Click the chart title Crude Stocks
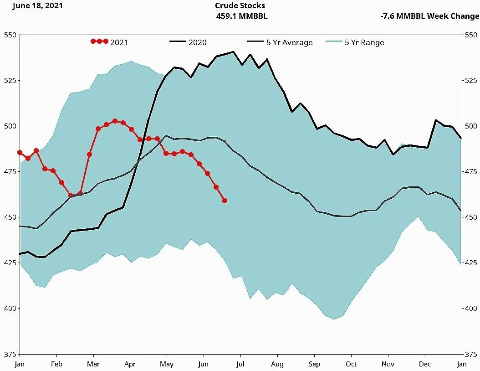pyautogui.click(x=240, y=5)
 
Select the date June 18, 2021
pyautogui.click(x=37, y=5)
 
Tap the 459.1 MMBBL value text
pyautogui.click(x=241, y=16)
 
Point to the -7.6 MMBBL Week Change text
pyautogui.click(x=429, y=16)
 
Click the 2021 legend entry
pyautogui.click(x=109, y=42)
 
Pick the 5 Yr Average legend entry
pyautogui.click(x=280, y=42)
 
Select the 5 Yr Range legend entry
pyautogui.click(x=355, y=42)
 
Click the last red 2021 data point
pyautogui.click(x=225, y=201)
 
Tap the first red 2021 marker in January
pyautogui.click(x=20, y=152)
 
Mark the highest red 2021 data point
pyautogui.click(x=115, y=121)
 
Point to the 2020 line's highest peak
pyautogui.click(x=234, y=52)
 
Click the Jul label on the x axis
pyautogui.click(x=240, y=364)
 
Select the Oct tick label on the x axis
pyautogui.click(x=351, y=364)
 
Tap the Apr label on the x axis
pyautogui.click(x=130, y=364)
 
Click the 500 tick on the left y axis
pyautogui.click(x=10, y=126)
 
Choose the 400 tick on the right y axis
pyautogui.click(x=471, y=309)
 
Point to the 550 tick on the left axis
pyautogui.click(x=10, y=35)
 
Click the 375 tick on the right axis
pyautogui.click(x=471, y=354)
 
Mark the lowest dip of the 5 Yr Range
pyautogui.click(x=334, y=319)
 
